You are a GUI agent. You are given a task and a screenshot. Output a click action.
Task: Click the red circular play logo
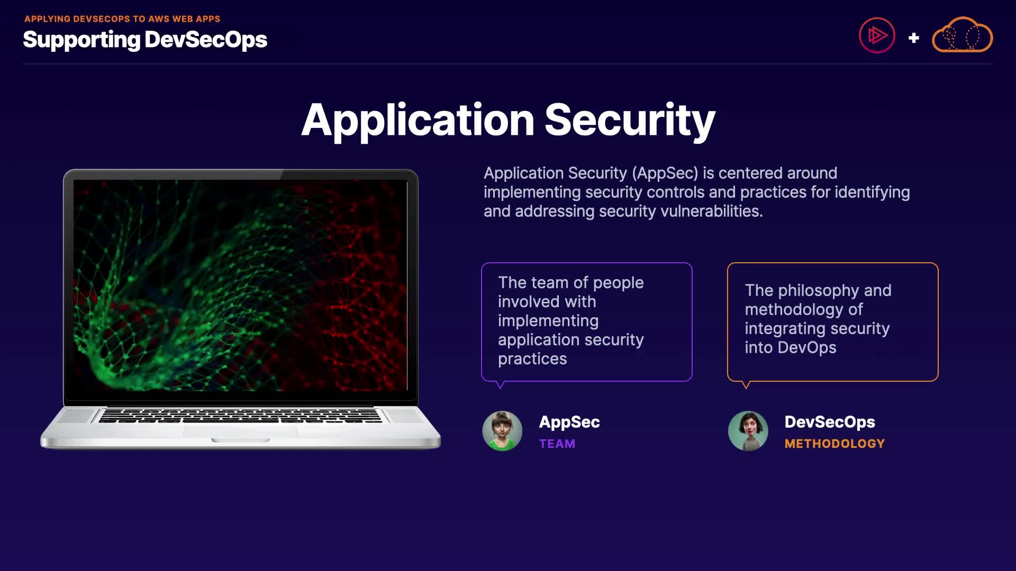pos(877,35)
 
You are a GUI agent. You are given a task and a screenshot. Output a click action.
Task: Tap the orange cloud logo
pos(962,35)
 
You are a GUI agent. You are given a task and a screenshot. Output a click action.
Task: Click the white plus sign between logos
pos(913,38)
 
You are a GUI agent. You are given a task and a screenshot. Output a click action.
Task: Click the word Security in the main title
pos(630,121)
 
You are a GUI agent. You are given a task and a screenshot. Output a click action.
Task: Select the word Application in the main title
pos(418,121)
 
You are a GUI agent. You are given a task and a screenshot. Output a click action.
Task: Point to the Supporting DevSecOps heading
pos(145,40)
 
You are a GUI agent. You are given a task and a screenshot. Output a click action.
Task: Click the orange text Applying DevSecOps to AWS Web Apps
pos(122,19)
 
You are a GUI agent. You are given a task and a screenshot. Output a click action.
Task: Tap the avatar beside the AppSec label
pos(502,431)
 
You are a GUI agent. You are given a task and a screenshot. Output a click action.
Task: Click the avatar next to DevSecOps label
pos(748,431)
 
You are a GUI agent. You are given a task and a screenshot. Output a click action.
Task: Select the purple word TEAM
pos(557,444)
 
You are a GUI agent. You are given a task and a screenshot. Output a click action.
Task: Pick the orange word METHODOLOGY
pos(834,444)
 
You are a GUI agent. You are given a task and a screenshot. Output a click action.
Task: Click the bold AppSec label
pos(569,422)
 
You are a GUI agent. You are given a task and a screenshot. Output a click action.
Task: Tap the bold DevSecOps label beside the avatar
pos(830,422)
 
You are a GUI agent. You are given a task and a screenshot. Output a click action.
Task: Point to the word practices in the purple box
pos(532,359)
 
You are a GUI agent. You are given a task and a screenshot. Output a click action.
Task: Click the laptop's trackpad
pos(240,430)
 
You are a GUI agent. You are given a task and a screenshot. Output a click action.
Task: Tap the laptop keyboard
pos(240,415)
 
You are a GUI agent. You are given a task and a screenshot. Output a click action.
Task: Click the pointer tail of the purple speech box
pos(500,384)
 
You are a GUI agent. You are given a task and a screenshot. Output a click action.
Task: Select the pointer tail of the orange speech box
pos(746,384)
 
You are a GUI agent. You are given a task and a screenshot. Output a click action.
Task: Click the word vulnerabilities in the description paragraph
pos(711,211)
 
